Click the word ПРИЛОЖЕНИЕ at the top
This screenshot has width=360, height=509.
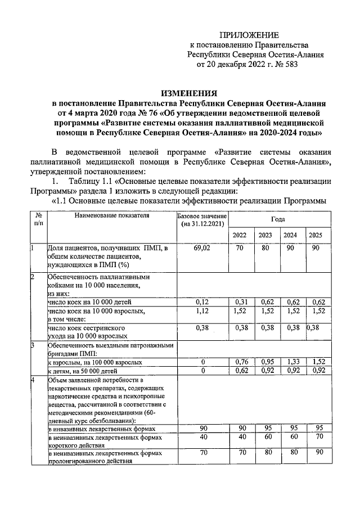(x=247, y=35)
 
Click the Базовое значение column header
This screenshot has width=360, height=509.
(x=194, y=220)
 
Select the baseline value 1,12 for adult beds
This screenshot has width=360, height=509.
(x=194, y=310)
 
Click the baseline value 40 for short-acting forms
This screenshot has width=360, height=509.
(x=194, y=437)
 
